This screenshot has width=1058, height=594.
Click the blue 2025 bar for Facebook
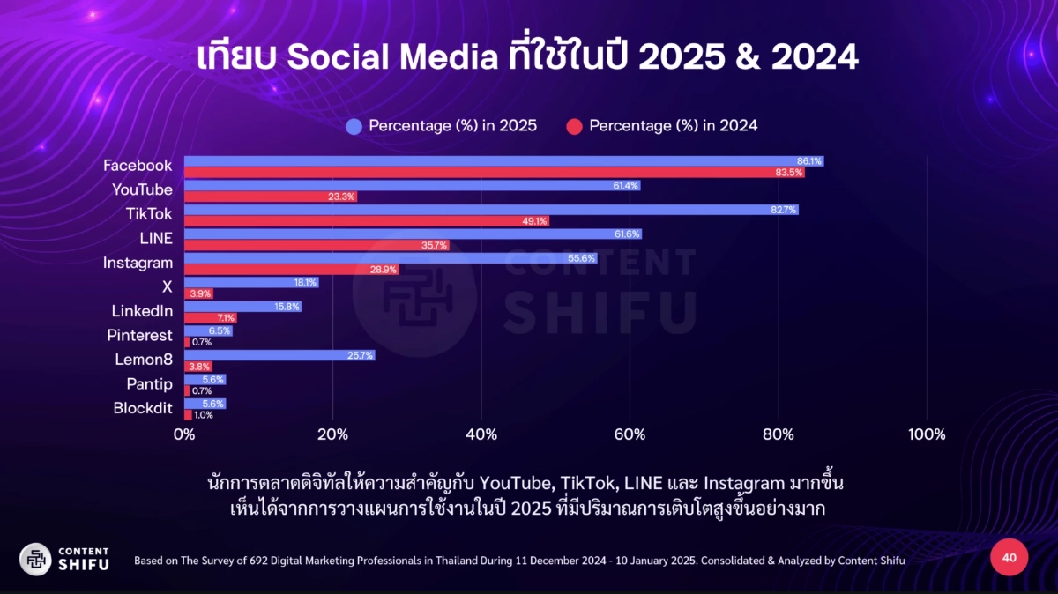(503, 161)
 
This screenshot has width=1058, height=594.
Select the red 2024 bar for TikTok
(366, 221)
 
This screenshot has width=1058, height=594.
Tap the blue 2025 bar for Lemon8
(279, 355)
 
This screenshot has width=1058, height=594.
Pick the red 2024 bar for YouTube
(270, 197)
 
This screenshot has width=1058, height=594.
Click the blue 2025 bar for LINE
(413, 234)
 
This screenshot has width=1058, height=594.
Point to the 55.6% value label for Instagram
(583, 258)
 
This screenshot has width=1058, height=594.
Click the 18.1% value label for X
(305, 283)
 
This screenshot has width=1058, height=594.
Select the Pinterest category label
(139, 336)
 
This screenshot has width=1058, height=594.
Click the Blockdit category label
(143, 408)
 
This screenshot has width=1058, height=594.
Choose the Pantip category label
(149, 384)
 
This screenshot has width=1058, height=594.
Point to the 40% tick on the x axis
(481, 434)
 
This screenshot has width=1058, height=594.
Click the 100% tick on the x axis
(926, 434)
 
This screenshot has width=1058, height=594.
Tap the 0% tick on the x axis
(184, 434)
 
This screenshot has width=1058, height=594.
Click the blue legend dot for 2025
(354, 126)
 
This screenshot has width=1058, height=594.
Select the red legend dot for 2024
(574, 126)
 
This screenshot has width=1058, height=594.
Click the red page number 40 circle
(1010, 558)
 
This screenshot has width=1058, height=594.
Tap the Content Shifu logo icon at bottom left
(35, 559)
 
